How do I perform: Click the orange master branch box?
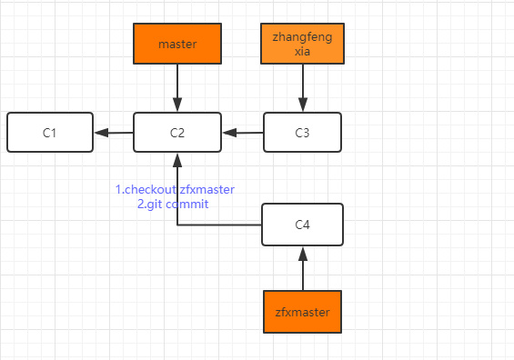coord(177,44)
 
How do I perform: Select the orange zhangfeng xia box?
coord(302,44)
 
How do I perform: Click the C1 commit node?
coord(49,133)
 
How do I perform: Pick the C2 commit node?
coord(177,133)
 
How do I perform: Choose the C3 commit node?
coord(302,133)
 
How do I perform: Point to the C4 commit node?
coord(302,225)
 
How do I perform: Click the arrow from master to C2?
coord(177,88)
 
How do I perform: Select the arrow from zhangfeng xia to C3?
coord(302,88)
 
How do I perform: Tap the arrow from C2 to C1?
coord(114,133)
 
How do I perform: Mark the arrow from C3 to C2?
coord(243,133)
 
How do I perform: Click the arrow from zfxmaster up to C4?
coord(302,268)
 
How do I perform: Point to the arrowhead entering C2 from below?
coord(177,159)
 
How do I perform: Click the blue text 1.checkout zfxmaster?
coord(175,189)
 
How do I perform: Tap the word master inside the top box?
coord(177,44)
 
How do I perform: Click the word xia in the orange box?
coord(302,52)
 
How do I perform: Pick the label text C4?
coord(302,225)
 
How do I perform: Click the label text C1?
coord(49,133)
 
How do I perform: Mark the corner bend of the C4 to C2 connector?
coord(177,225)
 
